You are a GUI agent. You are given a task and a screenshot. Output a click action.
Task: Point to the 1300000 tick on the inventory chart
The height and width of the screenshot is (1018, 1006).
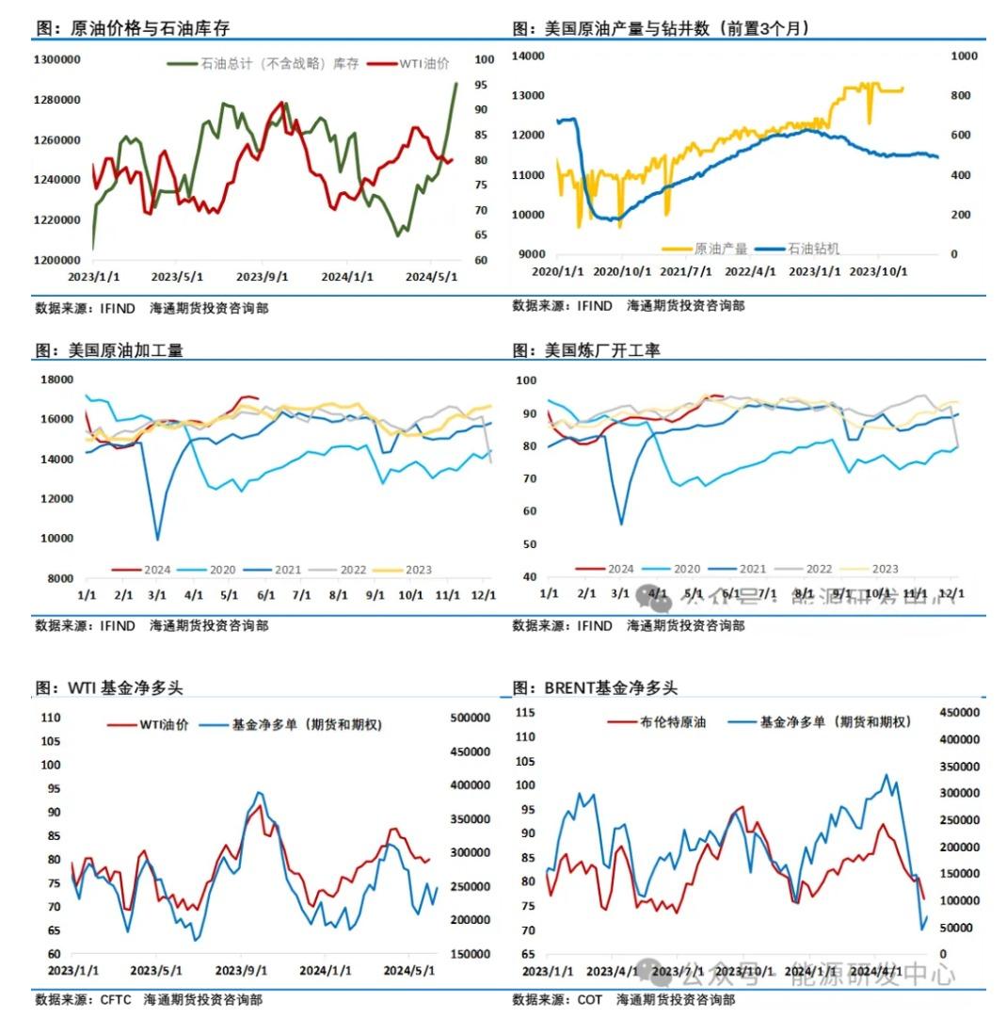tap(56, 59)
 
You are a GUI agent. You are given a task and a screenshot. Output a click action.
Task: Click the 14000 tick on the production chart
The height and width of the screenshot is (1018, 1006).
tap(528, 57)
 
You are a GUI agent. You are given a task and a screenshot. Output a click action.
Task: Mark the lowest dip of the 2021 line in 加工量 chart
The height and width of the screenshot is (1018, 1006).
tap(157, 539)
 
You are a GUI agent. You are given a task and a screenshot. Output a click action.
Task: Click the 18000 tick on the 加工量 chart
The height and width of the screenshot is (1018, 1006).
tap(58, 380)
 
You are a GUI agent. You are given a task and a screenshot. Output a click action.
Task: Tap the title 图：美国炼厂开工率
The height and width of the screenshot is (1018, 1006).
tap(586, 350)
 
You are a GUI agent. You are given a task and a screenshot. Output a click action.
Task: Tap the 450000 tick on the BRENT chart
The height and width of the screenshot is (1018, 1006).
tap(960, 712)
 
